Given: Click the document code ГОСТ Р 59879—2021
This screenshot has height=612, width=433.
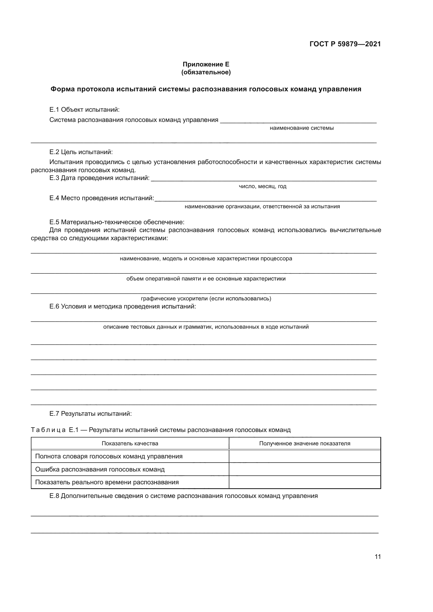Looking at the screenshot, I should click(x=345, y=44).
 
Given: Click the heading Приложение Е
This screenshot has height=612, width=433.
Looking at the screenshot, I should click(x=206, y=64).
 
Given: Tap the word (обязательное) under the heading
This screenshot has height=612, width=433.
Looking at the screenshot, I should click(x=206, y=72).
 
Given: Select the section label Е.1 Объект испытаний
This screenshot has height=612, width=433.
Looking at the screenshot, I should click(x=84, y=110).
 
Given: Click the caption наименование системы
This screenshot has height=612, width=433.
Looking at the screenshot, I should click(x=302, y=128).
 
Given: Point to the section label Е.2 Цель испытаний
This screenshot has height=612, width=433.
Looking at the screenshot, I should click(x=81, y=152).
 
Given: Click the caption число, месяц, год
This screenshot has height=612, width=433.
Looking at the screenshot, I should click(x=262, y=186).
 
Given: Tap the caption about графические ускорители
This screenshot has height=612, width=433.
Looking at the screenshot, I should click(x=206, y=299).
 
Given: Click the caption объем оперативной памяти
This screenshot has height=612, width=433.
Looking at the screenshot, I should click(x=206, y=279).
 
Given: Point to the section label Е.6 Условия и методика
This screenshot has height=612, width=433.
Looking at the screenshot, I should click(x=123, y=307).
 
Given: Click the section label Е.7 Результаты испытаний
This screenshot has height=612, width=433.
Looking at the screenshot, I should click(x=91, y=414).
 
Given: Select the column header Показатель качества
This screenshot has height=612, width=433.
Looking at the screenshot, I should click(x=130, y=443).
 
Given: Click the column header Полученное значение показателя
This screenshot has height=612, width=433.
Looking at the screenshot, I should click(x=304, y=443).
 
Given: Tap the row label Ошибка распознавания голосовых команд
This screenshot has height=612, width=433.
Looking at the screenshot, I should click(x=100, y=469).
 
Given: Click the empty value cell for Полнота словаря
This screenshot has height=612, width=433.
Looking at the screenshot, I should click(x=304, y=456).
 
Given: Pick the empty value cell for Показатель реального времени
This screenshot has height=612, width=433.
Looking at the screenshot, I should click(x=304, y=482).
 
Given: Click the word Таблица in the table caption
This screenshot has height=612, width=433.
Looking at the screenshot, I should click(x=48, y=430).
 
